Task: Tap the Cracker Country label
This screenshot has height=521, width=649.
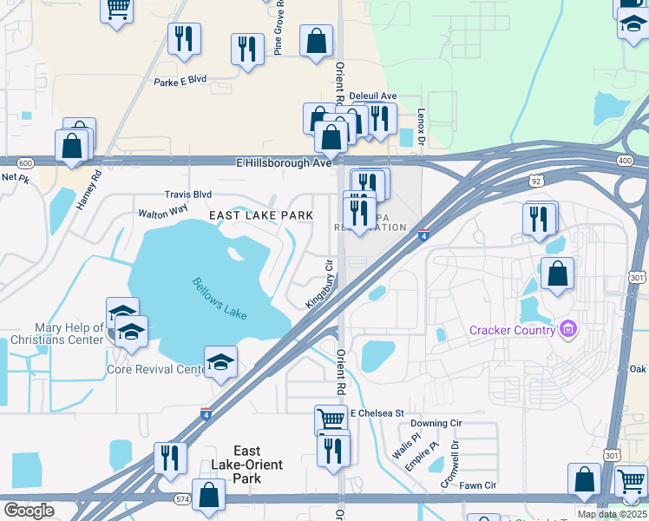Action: [x=512, y=330]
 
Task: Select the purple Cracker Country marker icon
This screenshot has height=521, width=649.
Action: [x=568, y=329]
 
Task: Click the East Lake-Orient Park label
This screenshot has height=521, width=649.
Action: [x=247, y=465]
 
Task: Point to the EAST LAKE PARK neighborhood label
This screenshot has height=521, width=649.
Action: [x=260, y=214]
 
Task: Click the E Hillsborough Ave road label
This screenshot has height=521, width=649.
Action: [x=284, y=162]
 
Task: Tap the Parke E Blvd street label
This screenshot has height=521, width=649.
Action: [x=180, y=79]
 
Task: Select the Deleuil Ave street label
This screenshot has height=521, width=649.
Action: [x=372, y=96]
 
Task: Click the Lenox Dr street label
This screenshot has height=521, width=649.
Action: [x=422, y=127]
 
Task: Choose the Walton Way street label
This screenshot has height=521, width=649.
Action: [x=162, y=211]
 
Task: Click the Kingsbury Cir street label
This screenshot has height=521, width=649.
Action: [x=319, y=283]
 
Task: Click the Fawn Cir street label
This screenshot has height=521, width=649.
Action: [x=478, y=485]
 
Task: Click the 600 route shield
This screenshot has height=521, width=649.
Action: [x=24, y=162]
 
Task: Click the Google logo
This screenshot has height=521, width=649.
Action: [x=29, y=510]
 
